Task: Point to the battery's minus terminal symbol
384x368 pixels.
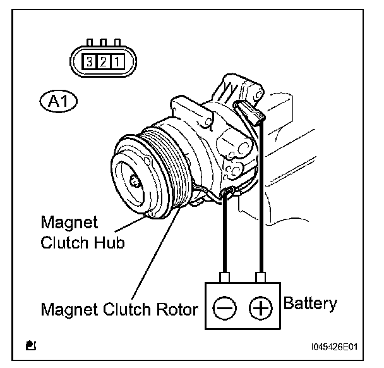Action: click(x=224, y=309)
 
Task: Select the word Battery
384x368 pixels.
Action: click(x=310, y=304)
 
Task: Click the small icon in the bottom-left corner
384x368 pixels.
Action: click(x=30, y=345)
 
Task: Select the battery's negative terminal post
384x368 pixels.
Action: click(x=224, y=277)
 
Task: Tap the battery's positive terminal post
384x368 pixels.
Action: click(x=259, y=277)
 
